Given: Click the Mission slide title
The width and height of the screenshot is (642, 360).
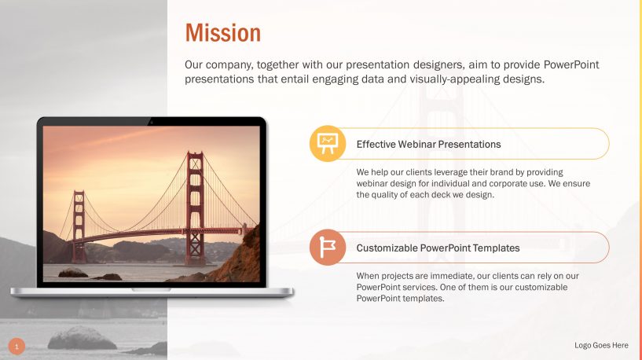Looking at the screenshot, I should tap(222, 33).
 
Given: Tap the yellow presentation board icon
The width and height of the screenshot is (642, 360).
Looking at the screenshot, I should tap(326, 144).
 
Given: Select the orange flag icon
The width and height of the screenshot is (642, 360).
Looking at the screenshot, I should tap(326, 248).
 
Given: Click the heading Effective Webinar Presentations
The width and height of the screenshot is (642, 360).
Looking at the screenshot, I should tap(428, 145).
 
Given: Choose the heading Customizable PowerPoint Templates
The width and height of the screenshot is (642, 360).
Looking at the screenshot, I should tap(438, 248).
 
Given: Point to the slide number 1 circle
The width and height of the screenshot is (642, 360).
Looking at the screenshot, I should tap(17, 346).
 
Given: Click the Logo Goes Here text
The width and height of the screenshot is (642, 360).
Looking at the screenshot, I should tap(601, 345).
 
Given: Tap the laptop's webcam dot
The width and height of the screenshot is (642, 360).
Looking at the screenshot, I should tap(151, 121).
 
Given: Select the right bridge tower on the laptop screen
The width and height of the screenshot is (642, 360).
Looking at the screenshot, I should tap(194, 208).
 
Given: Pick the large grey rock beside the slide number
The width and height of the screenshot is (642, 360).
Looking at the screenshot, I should tap(82, 339).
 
